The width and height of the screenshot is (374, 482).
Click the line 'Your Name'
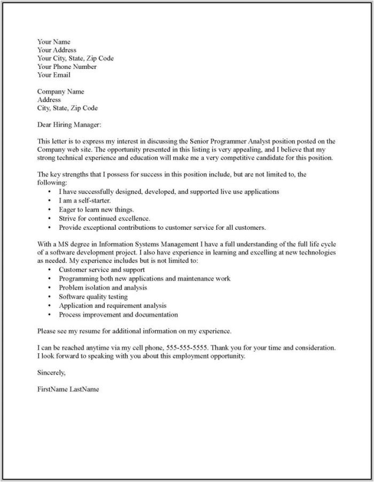[x=53, y=42]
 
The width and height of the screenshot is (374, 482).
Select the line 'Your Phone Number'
[x=67, y=67]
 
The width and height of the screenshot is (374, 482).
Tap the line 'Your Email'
[x=53, y=75]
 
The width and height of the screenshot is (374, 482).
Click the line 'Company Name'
[x=60, y=91]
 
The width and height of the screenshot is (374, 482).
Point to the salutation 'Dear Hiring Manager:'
[x=69, y=125]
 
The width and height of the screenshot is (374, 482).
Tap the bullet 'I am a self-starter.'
[x=85, y=200]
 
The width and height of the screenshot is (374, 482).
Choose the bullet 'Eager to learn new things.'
[x=96, y=209]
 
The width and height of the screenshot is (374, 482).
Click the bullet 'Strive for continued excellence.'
[x=104, y=218]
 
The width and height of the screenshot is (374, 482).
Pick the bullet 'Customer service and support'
[x=102, y=270]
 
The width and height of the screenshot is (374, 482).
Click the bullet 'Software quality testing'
[x=93, y=297]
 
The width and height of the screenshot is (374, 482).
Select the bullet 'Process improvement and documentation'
[x=118, y=315]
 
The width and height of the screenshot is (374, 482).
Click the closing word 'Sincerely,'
[x=51, y=372]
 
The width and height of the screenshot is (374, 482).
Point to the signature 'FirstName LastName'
[x=68, y=389]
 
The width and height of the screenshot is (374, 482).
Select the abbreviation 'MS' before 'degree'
[x=63, y=244]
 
